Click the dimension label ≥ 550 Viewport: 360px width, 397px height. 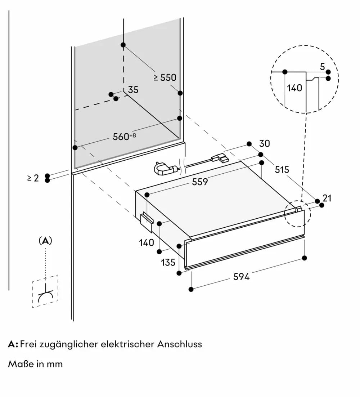(x=165, y=77)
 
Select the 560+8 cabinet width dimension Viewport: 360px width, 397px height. (x=125, y=136)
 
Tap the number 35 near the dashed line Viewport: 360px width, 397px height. (x=133, y=90)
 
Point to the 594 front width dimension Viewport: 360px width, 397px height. (x=241, y=277)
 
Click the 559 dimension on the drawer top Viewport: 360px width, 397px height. (x=200, y=182)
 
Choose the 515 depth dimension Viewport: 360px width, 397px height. (x=282, y=169)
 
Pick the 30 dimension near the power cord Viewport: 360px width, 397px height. (x=264, y=143)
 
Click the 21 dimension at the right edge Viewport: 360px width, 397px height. (x=327, y=198)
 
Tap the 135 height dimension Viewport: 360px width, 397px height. (x=168, y=262)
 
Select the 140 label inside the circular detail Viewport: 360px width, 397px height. (x=295, y=88)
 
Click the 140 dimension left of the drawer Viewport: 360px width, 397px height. (x=147, y=243)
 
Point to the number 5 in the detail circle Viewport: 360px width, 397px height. (x=322, y=66)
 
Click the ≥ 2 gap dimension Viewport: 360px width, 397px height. (x=33, y=178)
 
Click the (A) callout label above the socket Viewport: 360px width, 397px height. (x=45, y=241)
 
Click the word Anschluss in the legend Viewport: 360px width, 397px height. (x=179, y=344)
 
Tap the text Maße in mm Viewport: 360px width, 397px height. (x=35, y=364)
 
